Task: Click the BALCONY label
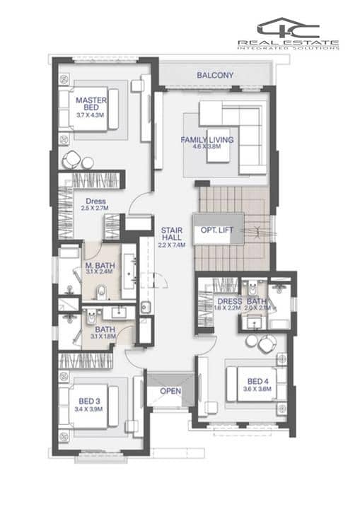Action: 215,75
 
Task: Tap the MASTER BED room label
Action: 91,104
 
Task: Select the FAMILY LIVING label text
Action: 207,140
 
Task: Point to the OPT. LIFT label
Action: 216,230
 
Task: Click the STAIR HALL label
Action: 172,234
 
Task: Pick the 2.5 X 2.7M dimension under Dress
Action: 95,208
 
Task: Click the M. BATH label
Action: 100,265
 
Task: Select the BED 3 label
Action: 89,402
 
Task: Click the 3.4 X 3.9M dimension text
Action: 88,409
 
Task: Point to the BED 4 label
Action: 257,381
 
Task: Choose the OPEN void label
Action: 170,391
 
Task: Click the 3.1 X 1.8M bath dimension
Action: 103,337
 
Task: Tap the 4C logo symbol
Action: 289,28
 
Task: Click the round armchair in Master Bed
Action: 71,160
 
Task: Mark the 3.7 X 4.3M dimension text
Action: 91,115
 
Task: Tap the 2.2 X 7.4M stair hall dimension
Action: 172,245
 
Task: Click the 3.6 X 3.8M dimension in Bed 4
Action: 257,389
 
